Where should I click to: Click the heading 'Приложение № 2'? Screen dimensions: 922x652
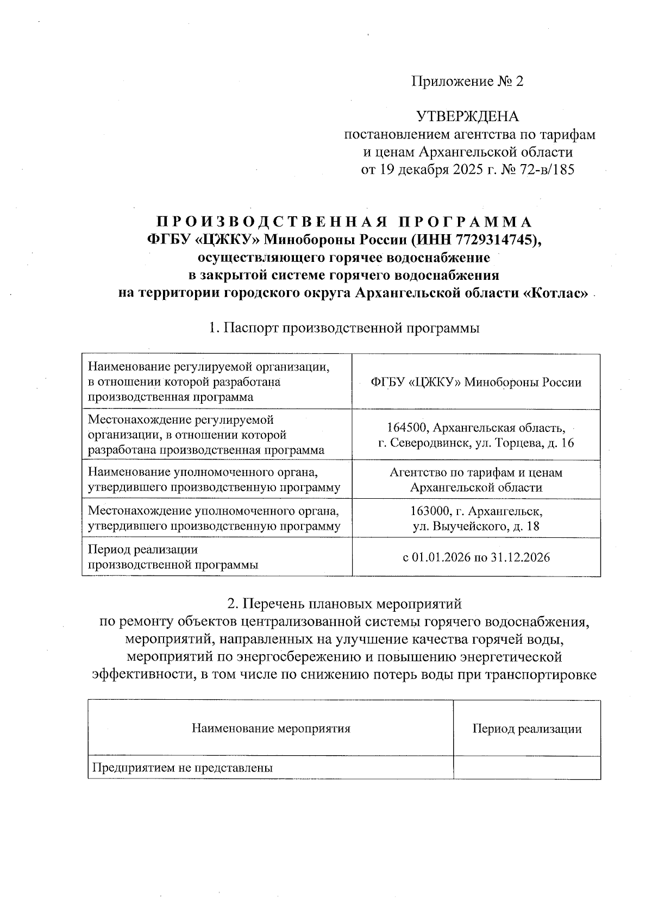467,81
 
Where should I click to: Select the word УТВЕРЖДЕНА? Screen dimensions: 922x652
467,116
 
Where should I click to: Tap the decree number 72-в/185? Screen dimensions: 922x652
544,170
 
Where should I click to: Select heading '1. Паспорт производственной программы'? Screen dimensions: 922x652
344,328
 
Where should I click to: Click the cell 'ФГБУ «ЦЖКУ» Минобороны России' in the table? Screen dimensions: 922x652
476,382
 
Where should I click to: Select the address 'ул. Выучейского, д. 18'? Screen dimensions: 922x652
476,526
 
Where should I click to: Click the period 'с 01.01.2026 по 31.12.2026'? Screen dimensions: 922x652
476,557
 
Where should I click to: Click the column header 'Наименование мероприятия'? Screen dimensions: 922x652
271,729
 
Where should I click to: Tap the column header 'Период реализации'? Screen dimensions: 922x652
526,729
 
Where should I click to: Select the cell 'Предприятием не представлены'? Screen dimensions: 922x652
183,768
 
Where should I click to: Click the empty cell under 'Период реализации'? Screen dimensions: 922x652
526,768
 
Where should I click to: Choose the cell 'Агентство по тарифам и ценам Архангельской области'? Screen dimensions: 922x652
476,480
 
